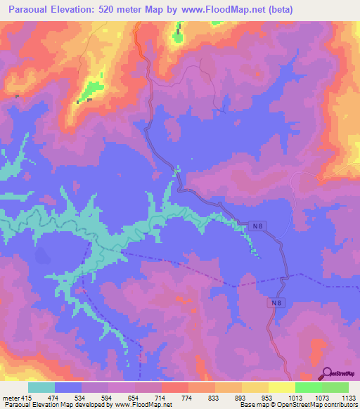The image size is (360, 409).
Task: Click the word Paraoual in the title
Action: [x=32, y=9]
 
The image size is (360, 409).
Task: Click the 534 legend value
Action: [x=89, y=398]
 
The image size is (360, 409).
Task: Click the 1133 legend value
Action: [x=349, y=398]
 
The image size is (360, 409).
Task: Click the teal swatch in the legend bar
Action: [x=41, y=387]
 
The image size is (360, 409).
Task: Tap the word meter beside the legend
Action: [x=12, y=398]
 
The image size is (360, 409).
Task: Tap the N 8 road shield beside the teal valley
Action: [x=258, y=226]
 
